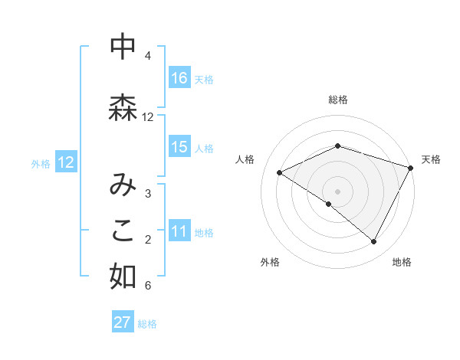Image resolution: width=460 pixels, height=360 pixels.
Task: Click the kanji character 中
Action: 123,47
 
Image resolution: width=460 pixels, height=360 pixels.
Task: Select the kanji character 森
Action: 123,108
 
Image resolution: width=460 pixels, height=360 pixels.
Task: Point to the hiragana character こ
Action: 123,231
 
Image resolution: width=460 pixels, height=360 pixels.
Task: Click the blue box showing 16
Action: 179,77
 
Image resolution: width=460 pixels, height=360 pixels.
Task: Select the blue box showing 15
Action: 179,147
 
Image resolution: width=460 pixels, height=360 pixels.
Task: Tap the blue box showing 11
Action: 179,231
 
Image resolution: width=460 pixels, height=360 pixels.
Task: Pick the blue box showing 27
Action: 123,322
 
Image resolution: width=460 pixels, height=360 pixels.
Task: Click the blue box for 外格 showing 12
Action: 66,162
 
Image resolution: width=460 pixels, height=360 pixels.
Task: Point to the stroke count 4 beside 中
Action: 148,56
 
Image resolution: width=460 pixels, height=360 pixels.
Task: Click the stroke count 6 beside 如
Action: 148,286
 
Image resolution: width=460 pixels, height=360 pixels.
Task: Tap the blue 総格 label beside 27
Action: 147,324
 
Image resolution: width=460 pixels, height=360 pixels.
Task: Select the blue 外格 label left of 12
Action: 41,163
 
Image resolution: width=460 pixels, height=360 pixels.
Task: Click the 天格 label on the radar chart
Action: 431,159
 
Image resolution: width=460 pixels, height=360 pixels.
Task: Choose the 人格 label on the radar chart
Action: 245,159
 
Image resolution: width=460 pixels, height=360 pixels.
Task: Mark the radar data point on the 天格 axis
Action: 411,167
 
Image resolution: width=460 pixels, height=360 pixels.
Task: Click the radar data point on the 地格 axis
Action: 374,242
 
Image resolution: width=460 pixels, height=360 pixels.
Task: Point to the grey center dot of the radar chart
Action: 337,191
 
